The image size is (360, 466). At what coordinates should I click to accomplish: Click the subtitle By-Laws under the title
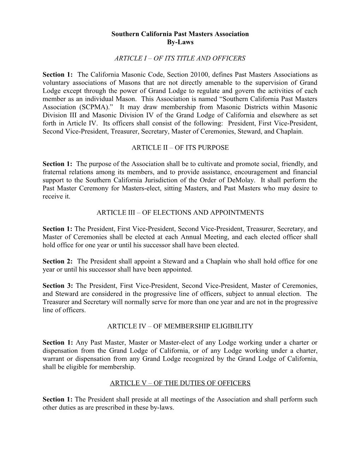tap(180, 42)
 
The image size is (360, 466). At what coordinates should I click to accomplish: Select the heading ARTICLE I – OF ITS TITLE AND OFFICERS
tap(180, 58)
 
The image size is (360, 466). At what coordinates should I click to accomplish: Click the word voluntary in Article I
tap(56, 83)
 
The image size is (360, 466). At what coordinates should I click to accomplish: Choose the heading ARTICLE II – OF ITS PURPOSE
tap(180, 148)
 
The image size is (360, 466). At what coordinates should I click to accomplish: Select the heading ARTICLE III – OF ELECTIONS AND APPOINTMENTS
tap(180, 213)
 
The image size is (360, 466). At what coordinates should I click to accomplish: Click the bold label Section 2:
tap(58, 262)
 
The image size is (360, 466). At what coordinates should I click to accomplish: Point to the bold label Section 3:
tap(58, 286)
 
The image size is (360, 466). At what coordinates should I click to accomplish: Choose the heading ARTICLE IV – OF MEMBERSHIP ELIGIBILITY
tap(180, 327)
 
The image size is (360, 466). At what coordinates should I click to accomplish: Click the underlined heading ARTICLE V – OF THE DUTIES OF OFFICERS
tap(180, 383)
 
